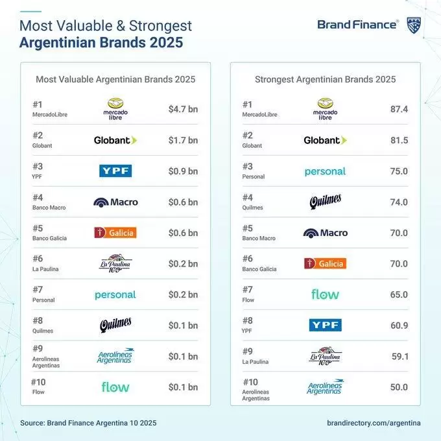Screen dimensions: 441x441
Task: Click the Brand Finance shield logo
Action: (414, 25)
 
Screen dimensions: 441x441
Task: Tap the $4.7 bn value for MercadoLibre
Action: (183, 109)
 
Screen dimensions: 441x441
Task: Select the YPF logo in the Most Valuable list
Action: (115, 171)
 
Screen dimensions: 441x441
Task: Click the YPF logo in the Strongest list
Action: (325, 325)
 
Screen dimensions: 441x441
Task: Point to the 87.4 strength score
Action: (399, 109)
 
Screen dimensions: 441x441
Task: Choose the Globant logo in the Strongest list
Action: (325, 140)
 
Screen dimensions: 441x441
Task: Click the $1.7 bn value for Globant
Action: (183, 140)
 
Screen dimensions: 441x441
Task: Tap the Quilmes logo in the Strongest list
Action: (326, 202)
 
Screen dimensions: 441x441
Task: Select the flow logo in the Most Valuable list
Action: (115, 387)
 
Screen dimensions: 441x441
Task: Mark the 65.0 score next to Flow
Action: (399, 294)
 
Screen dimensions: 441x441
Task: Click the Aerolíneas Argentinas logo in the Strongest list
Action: (325, 387)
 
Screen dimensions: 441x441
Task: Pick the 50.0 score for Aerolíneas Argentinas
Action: (399, 387)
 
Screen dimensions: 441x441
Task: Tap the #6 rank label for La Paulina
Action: (38, 259)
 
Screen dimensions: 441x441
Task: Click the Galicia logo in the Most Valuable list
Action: (115, 233)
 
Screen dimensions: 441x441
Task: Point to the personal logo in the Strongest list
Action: (325, 172)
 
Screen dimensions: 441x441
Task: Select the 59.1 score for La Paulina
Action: (400, 356)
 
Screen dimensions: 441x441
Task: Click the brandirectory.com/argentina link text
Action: (374, 423)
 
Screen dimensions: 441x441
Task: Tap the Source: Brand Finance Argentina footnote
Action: (88, 423)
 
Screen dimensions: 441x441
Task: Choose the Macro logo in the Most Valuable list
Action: (115, 202)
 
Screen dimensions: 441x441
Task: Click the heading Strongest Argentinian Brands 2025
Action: (325, 80)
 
